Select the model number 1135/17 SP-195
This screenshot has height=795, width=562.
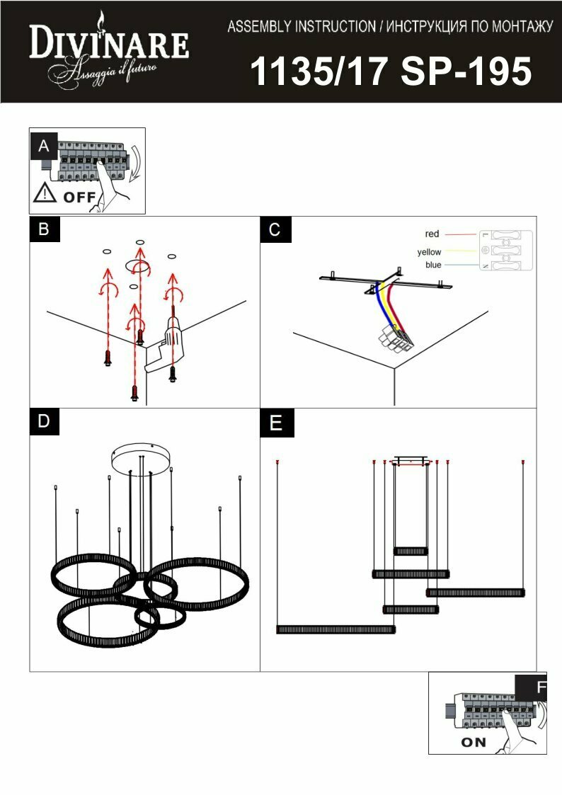[x=391, y=72]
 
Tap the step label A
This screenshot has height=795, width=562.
[x=44, y=146]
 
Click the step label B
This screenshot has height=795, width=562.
[x=44, y=229]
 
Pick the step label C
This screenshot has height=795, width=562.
[x=275, y=229]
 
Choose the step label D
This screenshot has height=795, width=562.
[x=44, y=421]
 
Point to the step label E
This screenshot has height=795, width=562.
[x=275, y=423]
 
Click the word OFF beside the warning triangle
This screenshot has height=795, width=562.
[x=79, y=198]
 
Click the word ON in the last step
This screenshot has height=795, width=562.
[x=474, y=743]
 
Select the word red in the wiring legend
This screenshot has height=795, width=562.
[x=432, y=234]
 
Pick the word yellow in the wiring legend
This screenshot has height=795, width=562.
[x=429, y=252]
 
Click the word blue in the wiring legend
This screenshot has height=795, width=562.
[x=433, y=265]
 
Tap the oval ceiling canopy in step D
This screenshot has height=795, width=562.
[x=142, y=457]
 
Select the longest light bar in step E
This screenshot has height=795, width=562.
[x=336, y=629]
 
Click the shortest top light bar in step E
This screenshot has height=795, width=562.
[x=411, y=551]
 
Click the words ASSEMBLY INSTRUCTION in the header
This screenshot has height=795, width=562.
[x=302, y=28]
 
